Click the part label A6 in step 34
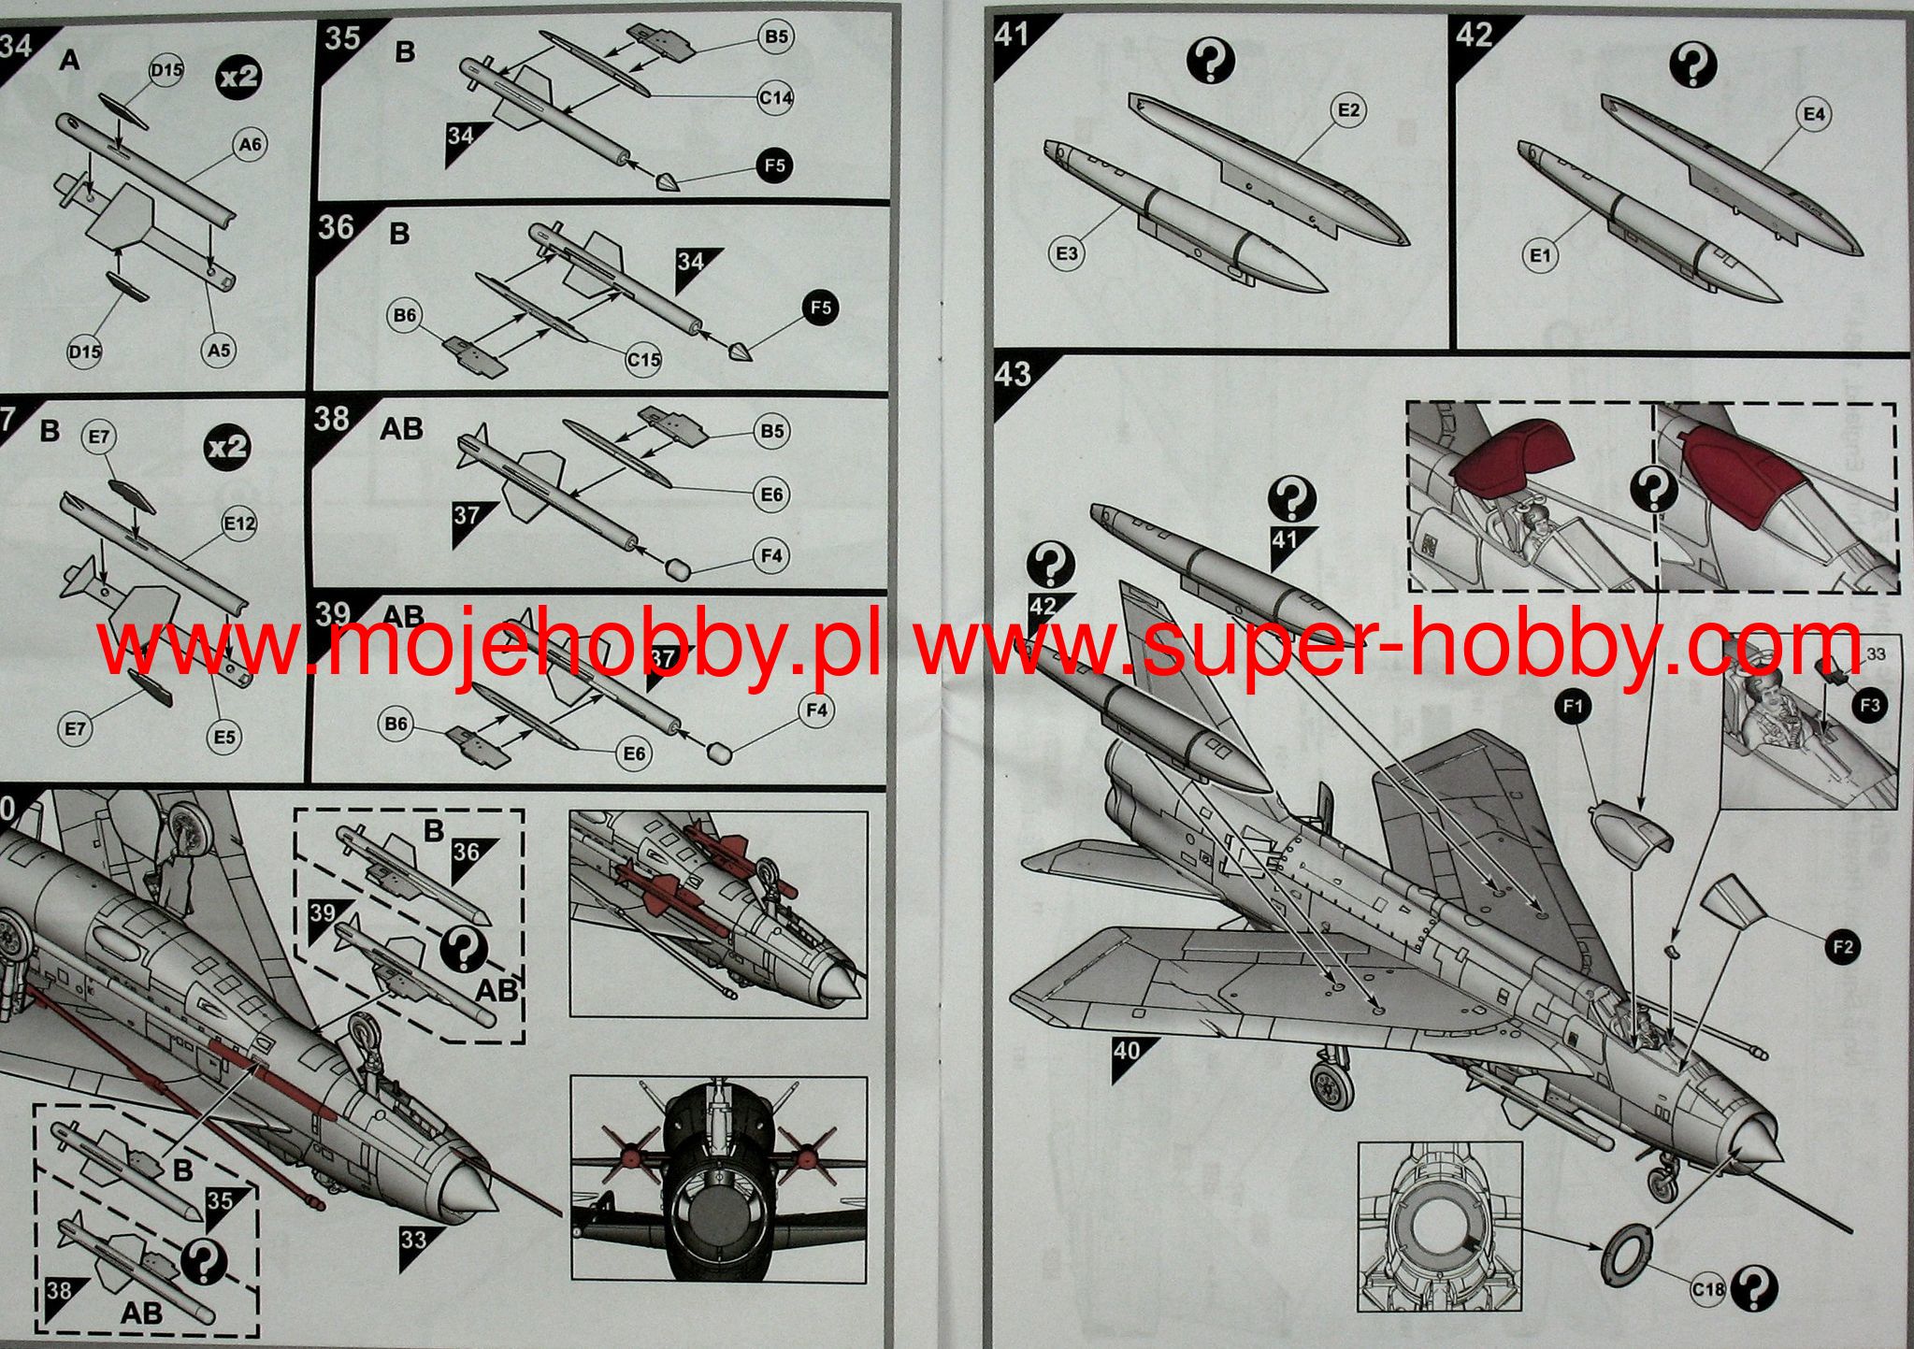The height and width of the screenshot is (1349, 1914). [250, 144]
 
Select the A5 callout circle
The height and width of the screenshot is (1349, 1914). [219, 351]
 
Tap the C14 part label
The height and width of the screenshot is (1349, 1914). [776, 96]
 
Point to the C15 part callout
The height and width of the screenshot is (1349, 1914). [643, 359]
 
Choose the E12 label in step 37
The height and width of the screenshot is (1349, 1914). [239, 524]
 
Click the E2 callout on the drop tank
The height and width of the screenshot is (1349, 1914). [1348, 110]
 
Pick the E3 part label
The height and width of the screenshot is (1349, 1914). [1067, 253]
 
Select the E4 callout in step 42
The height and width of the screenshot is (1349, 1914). [1813, 114]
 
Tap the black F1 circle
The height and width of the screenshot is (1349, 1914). [1573, 707]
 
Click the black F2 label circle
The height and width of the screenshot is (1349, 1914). [1843, 948]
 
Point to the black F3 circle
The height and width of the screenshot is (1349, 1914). [1869, 705]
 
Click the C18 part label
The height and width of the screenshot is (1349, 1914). [1707, 1290]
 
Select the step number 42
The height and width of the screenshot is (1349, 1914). [1475, 36]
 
